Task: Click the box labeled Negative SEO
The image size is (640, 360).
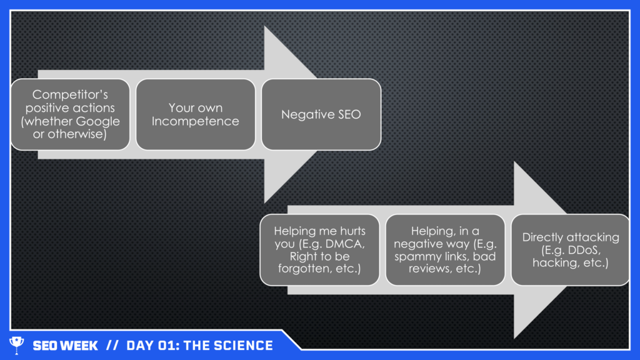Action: click(x=321, y=114)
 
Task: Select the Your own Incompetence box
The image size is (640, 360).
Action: click(x=195, y=114)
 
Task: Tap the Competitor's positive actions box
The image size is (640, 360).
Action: click(x=70, y=114)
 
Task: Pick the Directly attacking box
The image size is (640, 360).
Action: click(x=570, y=250)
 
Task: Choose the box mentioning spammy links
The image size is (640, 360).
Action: click(x=445, y=250)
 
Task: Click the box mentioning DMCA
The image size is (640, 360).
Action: click(x=321, y=250)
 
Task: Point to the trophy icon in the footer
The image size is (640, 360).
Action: click(x=16, y=345)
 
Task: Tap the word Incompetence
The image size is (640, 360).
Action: click(x=195, y=121)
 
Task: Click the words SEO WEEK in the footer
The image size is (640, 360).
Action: click(x=65, y=346)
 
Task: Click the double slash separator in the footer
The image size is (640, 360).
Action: click(x=112, y=346)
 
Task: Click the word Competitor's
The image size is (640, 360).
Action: click(x=70, y=95)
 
